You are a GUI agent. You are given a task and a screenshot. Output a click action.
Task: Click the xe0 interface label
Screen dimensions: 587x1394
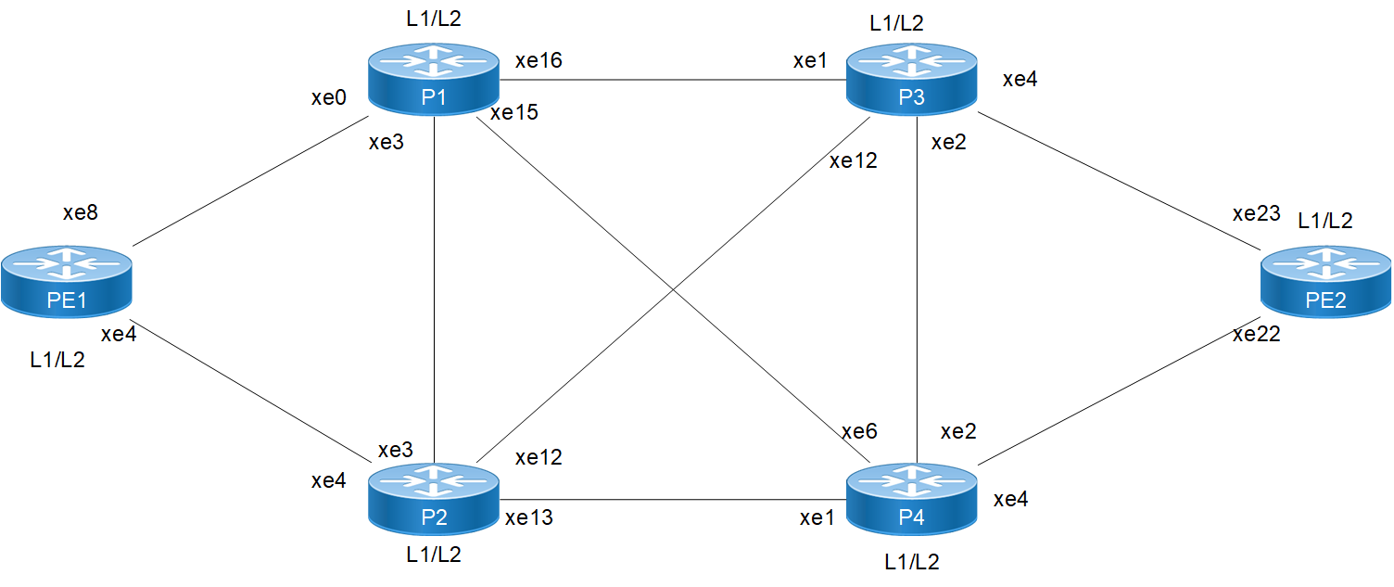[328, 98]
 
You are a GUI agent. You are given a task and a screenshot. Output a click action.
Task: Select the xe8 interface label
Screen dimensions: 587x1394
[81, 212]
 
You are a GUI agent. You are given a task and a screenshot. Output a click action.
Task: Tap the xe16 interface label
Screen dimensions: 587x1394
[539, 61]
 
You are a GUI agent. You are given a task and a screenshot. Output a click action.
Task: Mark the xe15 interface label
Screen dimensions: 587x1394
[513, 113]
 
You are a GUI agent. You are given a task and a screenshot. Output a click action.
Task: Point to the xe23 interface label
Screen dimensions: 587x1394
[1255, 214]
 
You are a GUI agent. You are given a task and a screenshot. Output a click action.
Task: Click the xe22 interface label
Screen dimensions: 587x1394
[1256, 335]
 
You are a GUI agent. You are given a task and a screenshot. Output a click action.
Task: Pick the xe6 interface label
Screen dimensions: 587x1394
[859, 431]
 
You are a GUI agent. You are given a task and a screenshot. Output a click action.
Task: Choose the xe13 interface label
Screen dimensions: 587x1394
[528, 517]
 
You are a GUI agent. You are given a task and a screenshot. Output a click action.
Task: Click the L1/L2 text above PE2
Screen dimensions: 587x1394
[1324, 220]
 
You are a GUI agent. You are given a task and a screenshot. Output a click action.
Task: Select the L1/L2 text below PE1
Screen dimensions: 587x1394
[57, 361]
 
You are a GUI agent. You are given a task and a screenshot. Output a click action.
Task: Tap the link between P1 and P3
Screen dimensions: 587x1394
[672, 80]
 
